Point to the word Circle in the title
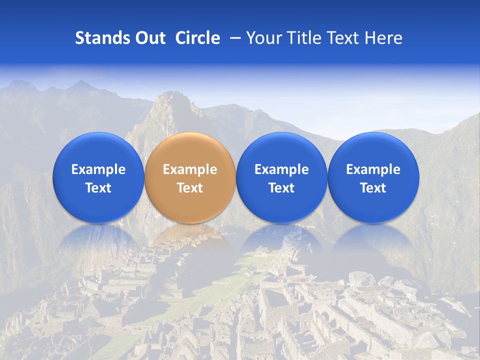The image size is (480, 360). [197, 38]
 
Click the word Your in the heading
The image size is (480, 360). [262, 38]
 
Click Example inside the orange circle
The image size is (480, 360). [190, 169]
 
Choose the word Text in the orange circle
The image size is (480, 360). [190, 188]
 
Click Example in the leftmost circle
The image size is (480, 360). [98, 169]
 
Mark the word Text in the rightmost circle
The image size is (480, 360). [373, 188]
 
